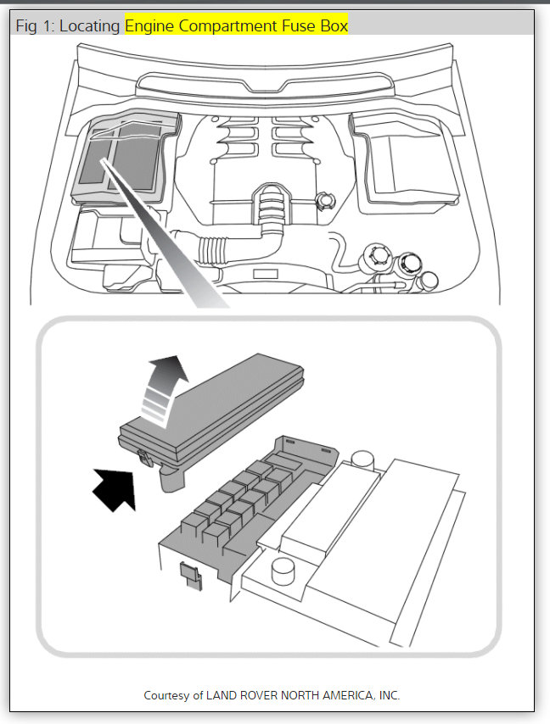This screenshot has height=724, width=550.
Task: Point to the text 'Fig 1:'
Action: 36,26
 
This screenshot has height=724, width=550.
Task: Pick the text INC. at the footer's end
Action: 388,695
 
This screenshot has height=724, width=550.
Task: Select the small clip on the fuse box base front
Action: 188,575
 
